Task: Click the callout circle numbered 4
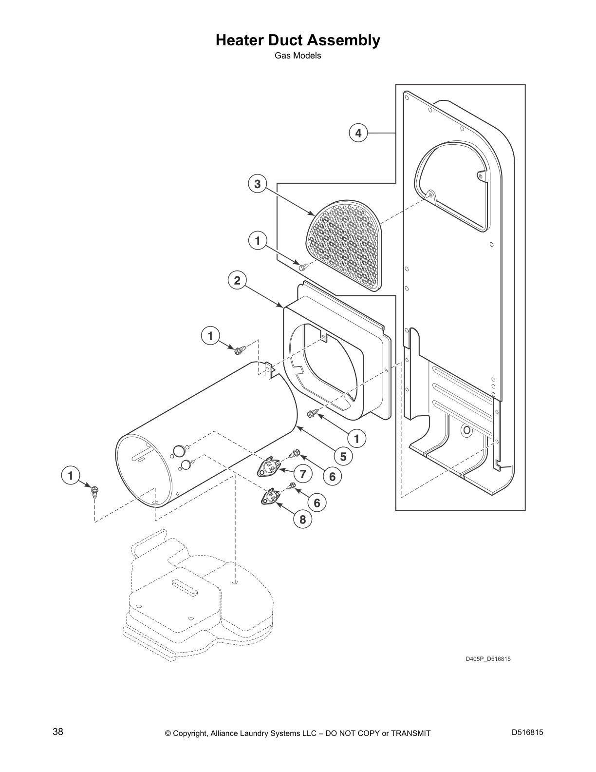click(x=358, y=133)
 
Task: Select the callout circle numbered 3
click(x=257, y=184)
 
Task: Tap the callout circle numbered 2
click(x=237, y=280)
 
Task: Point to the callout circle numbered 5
click(x=343, y=456)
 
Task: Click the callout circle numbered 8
click(x=302, y=520)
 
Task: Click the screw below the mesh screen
click(x=304, y=265)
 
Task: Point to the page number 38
click(x=58, y=732)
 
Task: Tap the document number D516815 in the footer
click(x=527, y=732)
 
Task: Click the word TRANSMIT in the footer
click(x=410, y=733)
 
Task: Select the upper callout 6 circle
click(x=332, y=476)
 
